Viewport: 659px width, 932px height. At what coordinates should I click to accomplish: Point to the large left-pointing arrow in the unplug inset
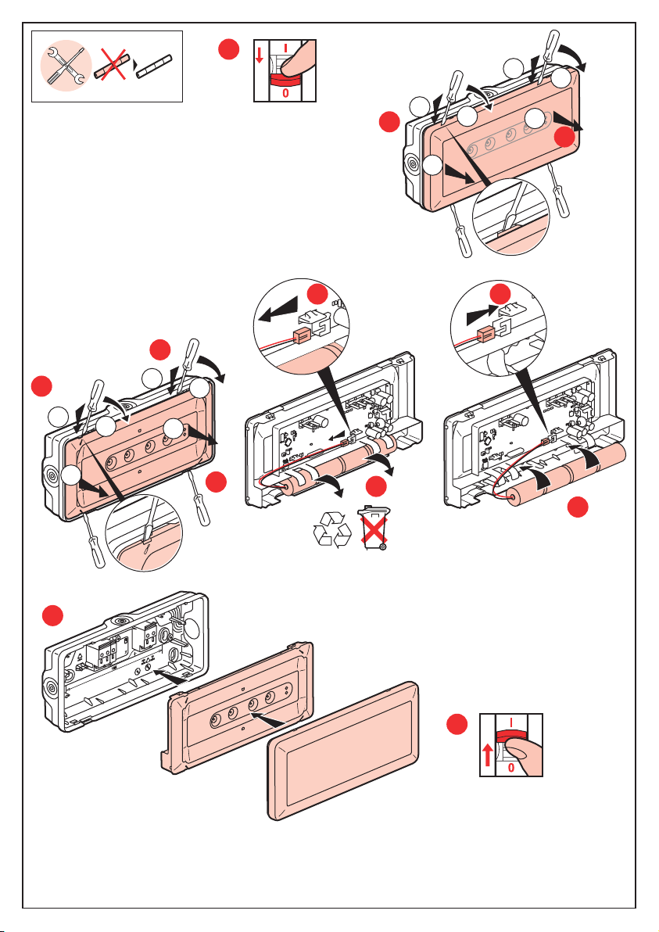[278, 313]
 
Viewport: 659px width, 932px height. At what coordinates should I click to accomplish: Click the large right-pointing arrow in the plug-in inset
[478, 314]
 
